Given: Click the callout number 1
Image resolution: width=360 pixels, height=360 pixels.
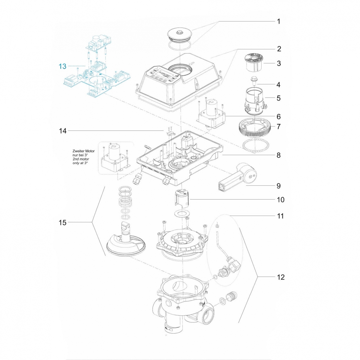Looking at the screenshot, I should tap(278, 21).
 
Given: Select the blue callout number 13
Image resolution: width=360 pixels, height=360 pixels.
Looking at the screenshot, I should tap(62, 66).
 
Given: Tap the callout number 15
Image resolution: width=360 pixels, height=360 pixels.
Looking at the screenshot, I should tap(62, 222).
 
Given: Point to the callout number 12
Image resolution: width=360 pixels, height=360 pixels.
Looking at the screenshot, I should tap(280, 277).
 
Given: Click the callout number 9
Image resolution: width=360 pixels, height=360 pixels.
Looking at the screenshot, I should tap(278, 186).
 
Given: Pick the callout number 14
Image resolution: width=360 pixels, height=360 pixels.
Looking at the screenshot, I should tap(62, 131).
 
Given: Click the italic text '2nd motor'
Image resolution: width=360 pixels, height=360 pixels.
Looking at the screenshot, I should tap(81, 159).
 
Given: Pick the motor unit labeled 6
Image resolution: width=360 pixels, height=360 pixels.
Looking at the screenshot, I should tap(211, 115).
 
